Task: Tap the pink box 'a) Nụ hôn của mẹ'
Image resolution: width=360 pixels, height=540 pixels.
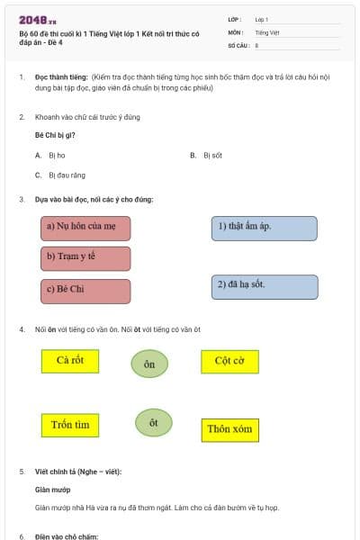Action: [x=86, y=228]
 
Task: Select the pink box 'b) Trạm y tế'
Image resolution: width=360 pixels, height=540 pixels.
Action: [x=86, y=257]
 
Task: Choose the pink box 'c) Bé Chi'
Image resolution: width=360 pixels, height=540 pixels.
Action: [x=86, y=291]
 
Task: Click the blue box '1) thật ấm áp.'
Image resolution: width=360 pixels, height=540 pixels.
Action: [x=265, y=228]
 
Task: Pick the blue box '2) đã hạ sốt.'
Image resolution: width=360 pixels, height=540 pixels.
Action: [x=265, y=286]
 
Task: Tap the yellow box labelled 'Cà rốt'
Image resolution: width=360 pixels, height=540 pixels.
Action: [x=70, y=361]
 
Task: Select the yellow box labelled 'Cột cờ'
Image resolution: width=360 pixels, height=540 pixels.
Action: [x=229, y=362]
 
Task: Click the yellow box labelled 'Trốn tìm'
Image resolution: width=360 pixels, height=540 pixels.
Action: [x=70, y=425]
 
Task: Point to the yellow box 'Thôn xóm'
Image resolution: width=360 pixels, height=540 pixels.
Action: [x=229, y=429]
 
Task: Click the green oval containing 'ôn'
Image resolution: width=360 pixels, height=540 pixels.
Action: [x=149, y=364]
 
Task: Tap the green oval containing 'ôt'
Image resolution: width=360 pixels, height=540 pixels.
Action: [x=154, y=423]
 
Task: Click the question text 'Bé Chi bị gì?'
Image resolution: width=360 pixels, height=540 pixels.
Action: [x=55, y=135]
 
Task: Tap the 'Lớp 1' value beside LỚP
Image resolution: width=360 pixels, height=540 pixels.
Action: [x=262, y=19]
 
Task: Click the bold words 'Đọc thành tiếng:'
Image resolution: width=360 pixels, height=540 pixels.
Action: [x=60, y=78]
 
